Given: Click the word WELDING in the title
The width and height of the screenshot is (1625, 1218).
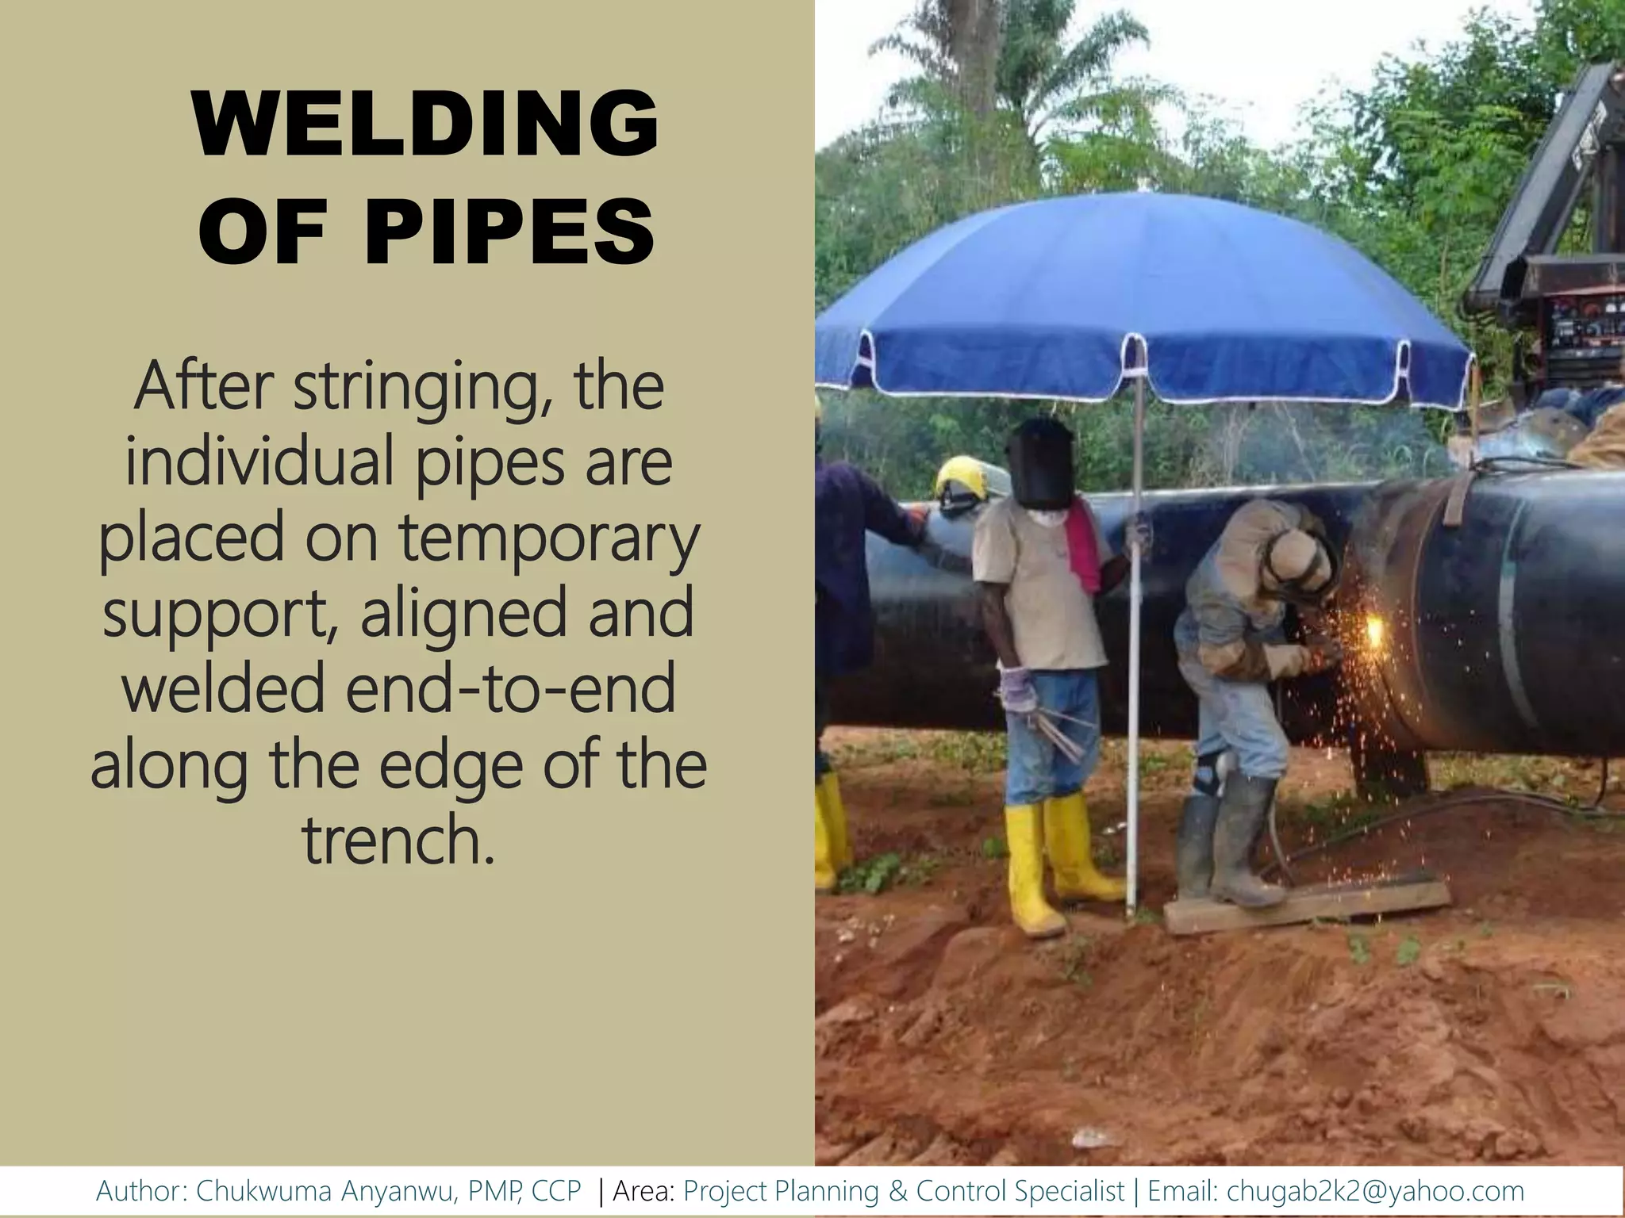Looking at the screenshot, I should pyautogui.click(x=425, y=125).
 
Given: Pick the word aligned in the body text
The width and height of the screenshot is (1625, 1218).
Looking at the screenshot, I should pyautogui.click(x=465, y=615).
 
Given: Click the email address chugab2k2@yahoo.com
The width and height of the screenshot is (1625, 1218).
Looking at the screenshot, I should pyautogui.click(x=1375, y=1190).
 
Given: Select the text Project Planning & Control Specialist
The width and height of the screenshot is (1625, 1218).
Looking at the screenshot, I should pyautogui.click(x=904, y=1190).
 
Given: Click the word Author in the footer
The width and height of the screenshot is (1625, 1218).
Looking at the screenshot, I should pyautogui.click(x=140, y=1190).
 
